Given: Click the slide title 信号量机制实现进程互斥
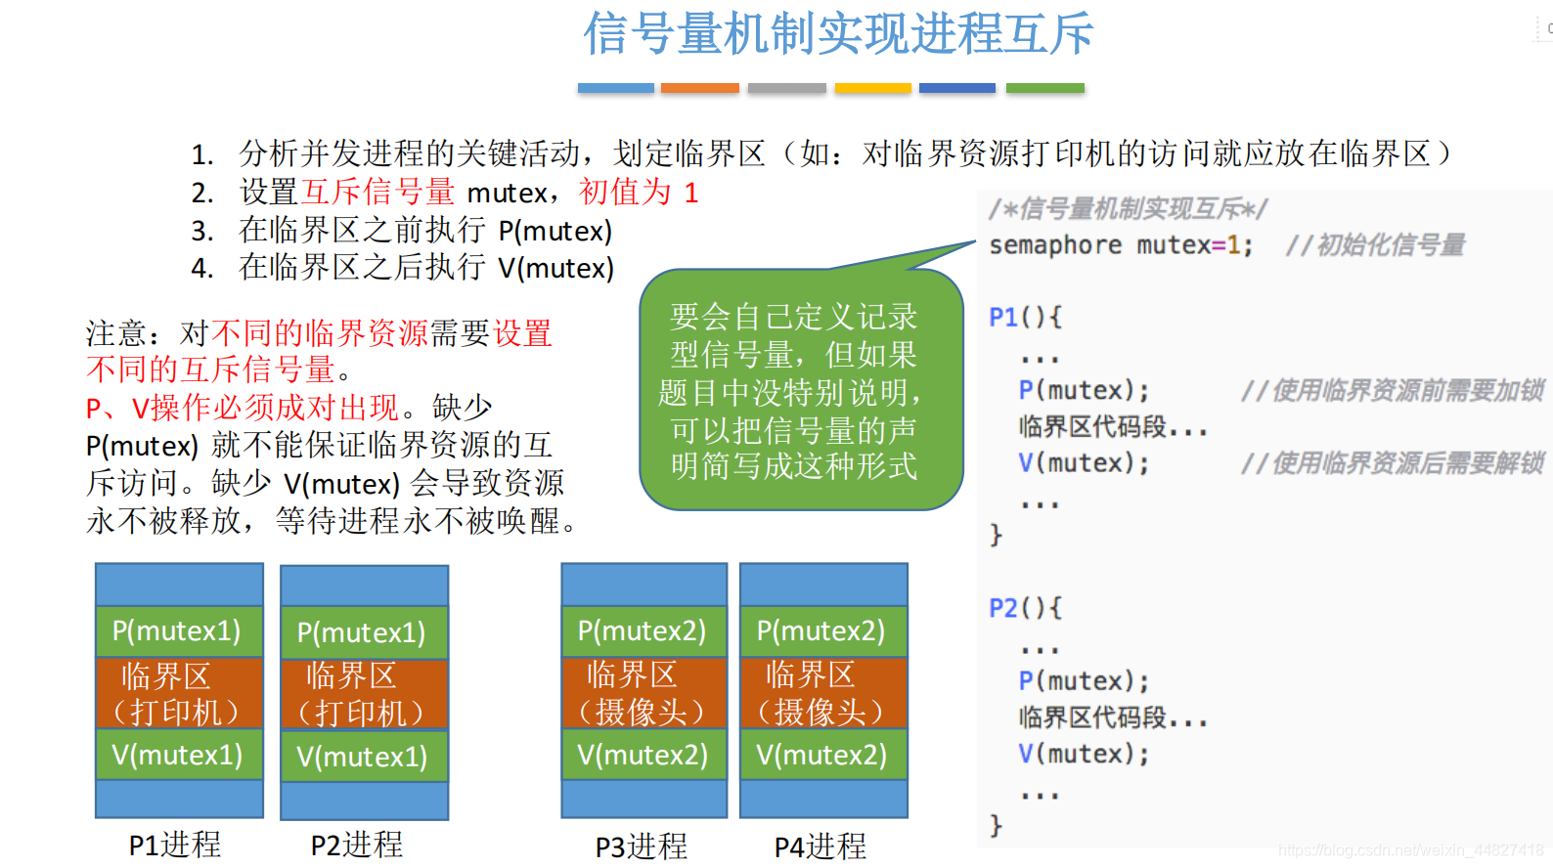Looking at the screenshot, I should [838, 34].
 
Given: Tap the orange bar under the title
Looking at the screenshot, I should [699, 88].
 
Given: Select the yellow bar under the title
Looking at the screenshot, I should [872, 88].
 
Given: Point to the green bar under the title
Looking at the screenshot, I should [1044, 88].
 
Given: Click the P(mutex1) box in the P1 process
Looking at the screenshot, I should [178, 631].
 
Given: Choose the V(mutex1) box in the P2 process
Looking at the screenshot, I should [363, 757].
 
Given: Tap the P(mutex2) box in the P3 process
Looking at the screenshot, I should [643, 631].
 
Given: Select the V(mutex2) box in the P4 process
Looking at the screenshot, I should [822, 755].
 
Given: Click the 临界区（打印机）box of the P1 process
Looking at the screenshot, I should [178, 693].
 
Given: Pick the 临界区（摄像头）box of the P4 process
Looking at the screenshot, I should [822, 693].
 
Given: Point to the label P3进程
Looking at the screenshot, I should [642, 846].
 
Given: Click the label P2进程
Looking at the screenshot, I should [357, 845].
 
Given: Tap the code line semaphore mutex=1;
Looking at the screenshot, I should [1121, 245].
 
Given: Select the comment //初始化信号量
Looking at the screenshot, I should [1375, 245].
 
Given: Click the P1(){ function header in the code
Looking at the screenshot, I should [1025, 318].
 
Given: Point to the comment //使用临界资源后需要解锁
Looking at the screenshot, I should [1392, 463].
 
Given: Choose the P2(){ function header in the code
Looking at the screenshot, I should [1025, 608].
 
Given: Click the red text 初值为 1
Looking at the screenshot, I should [639, 193].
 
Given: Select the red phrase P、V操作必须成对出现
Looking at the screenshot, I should [243, 408].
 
